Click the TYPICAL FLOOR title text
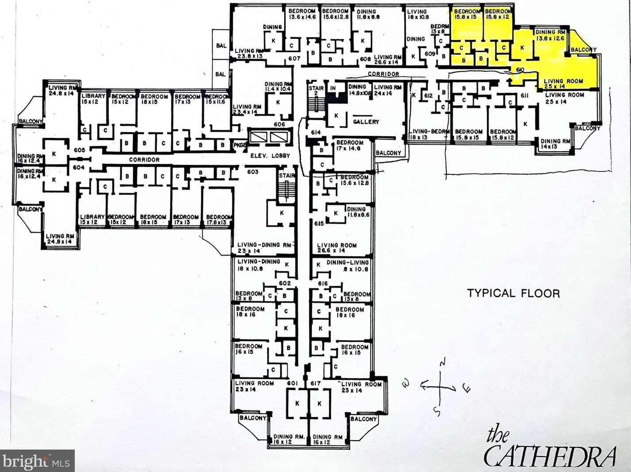click(513, 293)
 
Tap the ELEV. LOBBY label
click(270, 156)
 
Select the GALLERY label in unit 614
click(366, 122)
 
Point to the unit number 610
click(520, 70)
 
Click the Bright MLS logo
click(37, 461)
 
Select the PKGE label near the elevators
click(239, 145)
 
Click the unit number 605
click(79, 150)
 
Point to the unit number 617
click(315, 383)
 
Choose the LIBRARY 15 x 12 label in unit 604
click(92, 219)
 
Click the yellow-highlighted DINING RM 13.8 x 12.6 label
click(550, 35)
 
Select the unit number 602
click(285, 283)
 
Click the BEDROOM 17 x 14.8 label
click(350, 146)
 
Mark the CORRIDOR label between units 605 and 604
click(144, 160)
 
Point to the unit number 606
click(279, 124)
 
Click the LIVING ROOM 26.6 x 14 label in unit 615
click(337, 248)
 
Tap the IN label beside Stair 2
click(333, 88)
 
